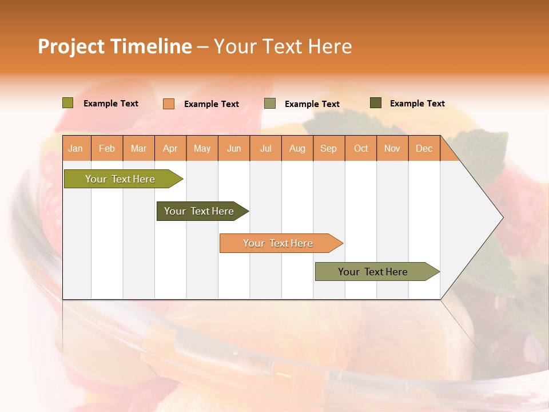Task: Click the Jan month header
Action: click(x=75, y=149)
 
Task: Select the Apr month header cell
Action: click(x=170, y=149)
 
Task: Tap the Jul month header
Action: click(x=265, y=149)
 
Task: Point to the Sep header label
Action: click(x=328, y=149)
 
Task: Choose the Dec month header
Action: click(x=424, y=149)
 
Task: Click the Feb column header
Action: click(x=107, y=149)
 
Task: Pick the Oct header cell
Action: click(x=361, y=149)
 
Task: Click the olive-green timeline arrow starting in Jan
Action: click(x=120, y=179)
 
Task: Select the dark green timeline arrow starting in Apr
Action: click(x=199, y=211)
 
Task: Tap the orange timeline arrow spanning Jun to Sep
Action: click(x=278, y=243)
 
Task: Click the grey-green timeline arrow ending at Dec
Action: click(x=373, y=272)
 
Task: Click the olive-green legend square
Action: click(x=68, y=103)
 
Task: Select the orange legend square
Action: click(x=169, y=104)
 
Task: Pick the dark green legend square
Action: click(x=376, y=103)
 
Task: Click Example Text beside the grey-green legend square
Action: click(x=312, y=104)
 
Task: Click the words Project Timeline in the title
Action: click(x=114, y=46)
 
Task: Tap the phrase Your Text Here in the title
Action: click(x=283, y=46)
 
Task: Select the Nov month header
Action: click(x=392, y=149)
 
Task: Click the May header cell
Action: click(x=202, y=149)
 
